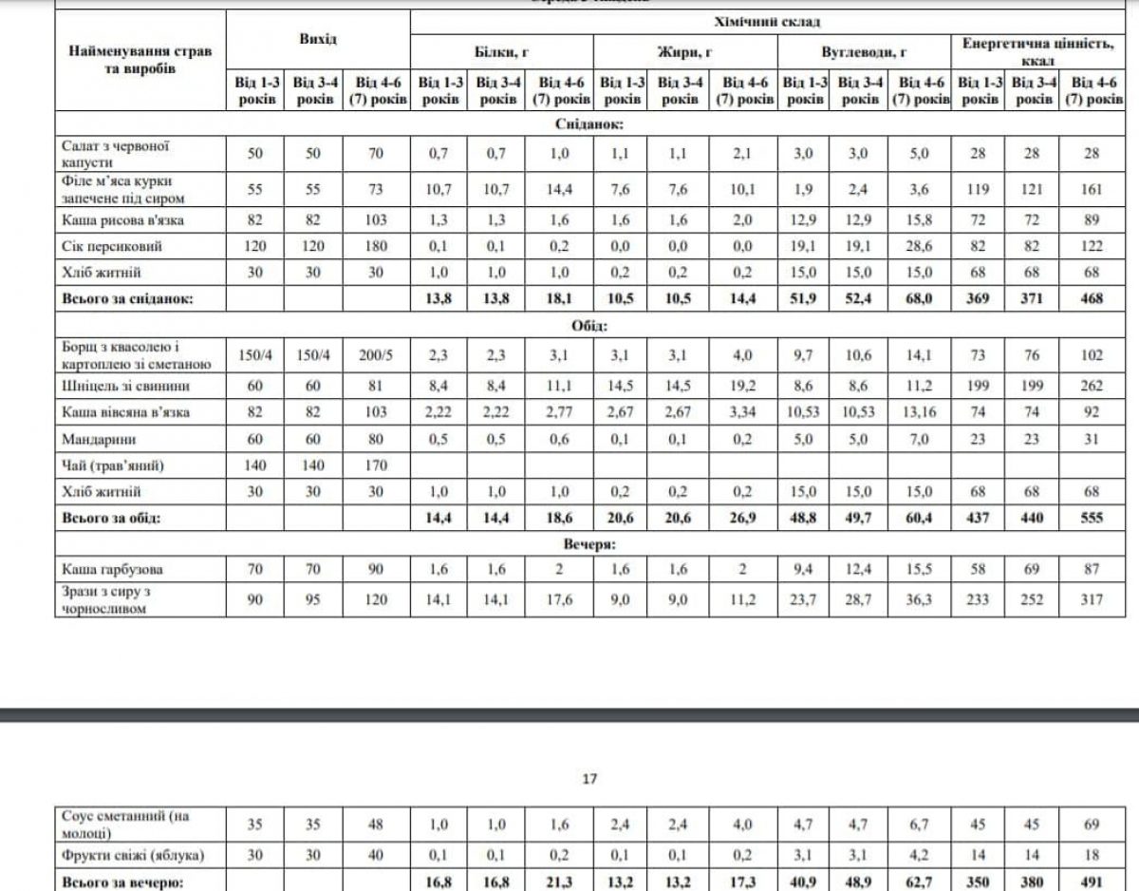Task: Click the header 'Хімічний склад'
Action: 766,21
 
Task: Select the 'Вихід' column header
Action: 318,40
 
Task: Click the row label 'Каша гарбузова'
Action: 111,569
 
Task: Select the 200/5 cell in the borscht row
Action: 375,355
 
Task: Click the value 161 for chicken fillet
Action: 1092,189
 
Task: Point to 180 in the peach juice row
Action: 375,246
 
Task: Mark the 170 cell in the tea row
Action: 375,465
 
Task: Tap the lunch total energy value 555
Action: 1092,519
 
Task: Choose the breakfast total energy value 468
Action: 1092,298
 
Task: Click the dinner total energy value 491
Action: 1092,882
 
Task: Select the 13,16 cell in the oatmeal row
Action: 919,412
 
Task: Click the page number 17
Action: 588,779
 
